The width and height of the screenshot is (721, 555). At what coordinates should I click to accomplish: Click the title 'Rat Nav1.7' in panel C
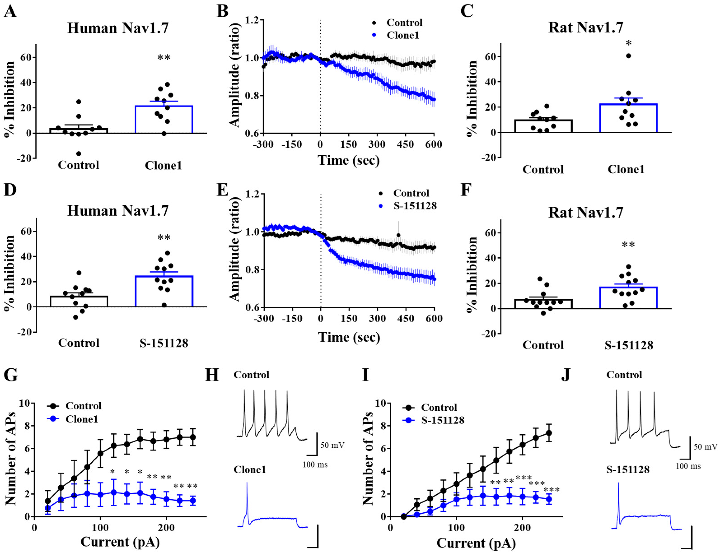(586, 27)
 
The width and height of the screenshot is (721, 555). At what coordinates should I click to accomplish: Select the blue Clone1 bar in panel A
(164, 119)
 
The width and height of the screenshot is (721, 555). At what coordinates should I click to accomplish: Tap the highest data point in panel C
(628, 56)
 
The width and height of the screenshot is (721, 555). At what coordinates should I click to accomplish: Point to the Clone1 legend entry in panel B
(396, 35)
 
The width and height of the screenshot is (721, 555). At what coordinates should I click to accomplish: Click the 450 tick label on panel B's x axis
(405, 144)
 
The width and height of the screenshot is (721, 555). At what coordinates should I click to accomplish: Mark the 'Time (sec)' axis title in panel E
(349, 337)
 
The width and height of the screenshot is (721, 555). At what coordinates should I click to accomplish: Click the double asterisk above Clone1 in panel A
(164, 57)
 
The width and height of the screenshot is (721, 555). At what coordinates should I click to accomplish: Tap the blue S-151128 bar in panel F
(628, 298)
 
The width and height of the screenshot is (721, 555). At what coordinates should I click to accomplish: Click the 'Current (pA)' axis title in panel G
(120, 542)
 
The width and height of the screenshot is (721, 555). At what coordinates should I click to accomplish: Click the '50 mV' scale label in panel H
(332, 445)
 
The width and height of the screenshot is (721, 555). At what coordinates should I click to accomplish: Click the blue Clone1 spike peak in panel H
(247, 483)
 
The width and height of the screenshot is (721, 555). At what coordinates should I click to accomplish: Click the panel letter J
(566, 375)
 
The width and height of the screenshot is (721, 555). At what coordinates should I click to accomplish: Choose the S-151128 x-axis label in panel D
(164, 343)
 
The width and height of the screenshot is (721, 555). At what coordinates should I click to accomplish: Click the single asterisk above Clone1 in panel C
(629, 43)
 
